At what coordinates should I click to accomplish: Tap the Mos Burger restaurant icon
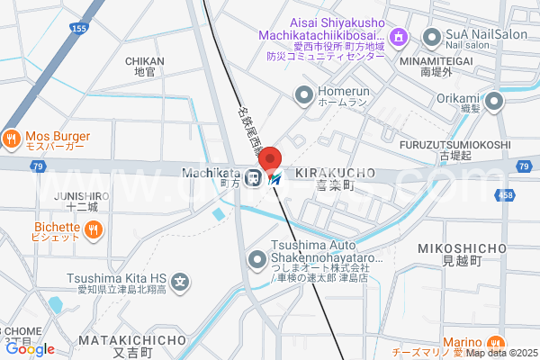[x=12, y=139]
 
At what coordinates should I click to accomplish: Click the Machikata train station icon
[x=255, y=177]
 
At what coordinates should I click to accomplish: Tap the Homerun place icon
[x=304, y=93]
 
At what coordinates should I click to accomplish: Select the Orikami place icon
[x=494, y=99]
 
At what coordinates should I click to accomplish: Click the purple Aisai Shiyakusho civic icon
[x=402, y=38]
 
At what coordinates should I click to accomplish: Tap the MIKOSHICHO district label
[x=463, y=247]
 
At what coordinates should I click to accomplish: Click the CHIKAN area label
[x=144, y=61]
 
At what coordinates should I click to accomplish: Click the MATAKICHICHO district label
[x=131, y=340]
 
